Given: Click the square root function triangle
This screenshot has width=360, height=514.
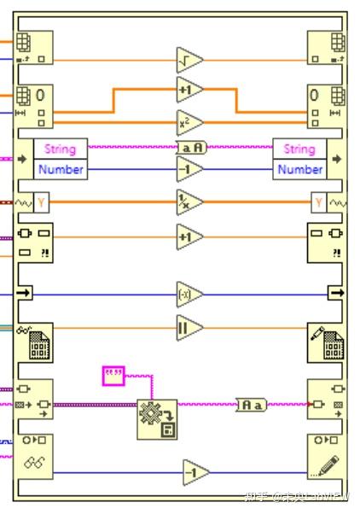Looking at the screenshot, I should (189, 61).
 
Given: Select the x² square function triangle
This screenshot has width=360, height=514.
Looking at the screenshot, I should (189, 120).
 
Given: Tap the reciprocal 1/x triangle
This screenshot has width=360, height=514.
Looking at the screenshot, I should (189, 202).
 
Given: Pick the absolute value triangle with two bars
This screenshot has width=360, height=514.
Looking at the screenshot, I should (189, 327).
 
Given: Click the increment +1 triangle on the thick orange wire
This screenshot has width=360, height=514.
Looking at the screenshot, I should (189, 89).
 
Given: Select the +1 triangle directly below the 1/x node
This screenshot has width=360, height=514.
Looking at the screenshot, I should (189, 237).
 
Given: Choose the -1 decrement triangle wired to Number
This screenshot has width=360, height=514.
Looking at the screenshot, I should (189, 169).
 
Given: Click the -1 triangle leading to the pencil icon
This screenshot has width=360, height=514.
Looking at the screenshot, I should (195, 472).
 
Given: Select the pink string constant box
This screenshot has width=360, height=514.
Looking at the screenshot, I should (113, 373).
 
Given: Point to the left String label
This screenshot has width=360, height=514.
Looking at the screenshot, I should (60, 149).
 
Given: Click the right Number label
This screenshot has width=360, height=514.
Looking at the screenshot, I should (299, 169).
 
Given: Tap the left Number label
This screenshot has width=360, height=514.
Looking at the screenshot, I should (60, 169).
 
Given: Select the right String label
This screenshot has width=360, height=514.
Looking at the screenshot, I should (299, 149).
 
